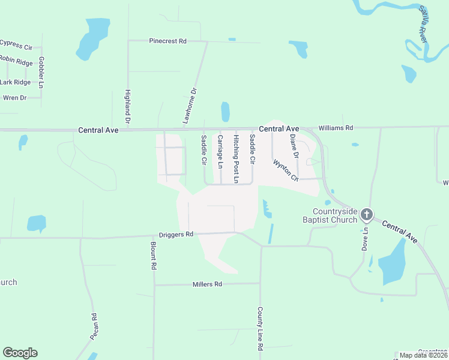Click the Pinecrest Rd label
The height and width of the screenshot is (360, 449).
coord(167,41)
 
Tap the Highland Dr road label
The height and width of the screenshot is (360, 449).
coord(128,103)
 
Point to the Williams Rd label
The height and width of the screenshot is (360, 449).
coord(336,128)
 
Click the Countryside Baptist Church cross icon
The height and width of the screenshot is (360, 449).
coord(366,214)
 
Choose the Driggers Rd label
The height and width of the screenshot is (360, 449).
coord(176,235)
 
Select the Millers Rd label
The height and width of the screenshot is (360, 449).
coord(208,284)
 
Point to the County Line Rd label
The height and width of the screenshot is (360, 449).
coord(261,329)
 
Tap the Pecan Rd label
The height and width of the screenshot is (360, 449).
coord(94,327)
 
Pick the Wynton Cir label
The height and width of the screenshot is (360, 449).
coord(285,170)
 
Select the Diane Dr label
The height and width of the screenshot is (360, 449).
coord(294,146)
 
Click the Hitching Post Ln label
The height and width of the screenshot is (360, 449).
coord(237,159)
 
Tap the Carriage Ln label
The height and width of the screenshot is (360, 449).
coord(220,152)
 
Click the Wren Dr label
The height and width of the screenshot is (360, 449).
coord(15,98)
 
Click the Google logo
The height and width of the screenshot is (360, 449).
coord(20,353)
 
